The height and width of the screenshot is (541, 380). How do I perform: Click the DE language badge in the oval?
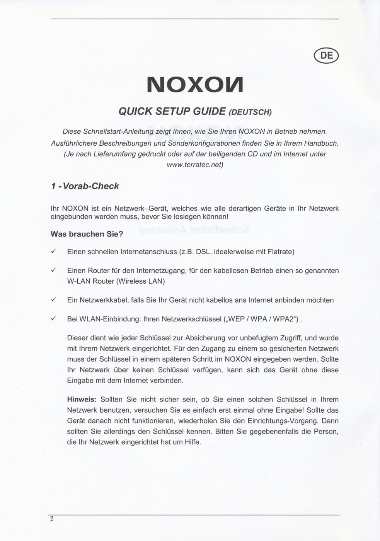[x=327, y=56]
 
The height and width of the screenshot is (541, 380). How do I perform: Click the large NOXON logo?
[x=195, y=85]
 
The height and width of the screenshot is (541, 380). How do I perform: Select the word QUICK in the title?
[x=135, y=111]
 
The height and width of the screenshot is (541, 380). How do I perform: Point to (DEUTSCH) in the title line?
[x=250, y=112]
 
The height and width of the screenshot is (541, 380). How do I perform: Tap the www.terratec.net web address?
[x=195, y=165]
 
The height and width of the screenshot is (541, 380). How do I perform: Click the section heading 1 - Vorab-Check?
[x=85, y=186]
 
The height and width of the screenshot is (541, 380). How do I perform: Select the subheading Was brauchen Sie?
[x=87, y=234]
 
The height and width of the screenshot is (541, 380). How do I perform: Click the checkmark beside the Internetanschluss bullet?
[x=54, y=252]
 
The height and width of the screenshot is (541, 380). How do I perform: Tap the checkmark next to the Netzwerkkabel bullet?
[x=54, y=300]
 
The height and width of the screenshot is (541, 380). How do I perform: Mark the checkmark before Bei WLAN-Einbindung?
[x=54, y=319]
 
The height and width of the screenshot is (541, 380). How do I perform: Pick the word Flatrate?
[x=281, y=252]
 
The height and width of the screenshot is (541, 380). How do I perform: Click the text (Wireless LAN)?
[x=141, y=281]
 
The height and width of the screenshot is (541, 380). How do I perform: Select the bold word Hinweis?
[x=82, y=400]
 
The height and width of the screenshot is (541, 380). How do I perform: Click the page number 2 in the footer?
[x=52, y=519]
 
